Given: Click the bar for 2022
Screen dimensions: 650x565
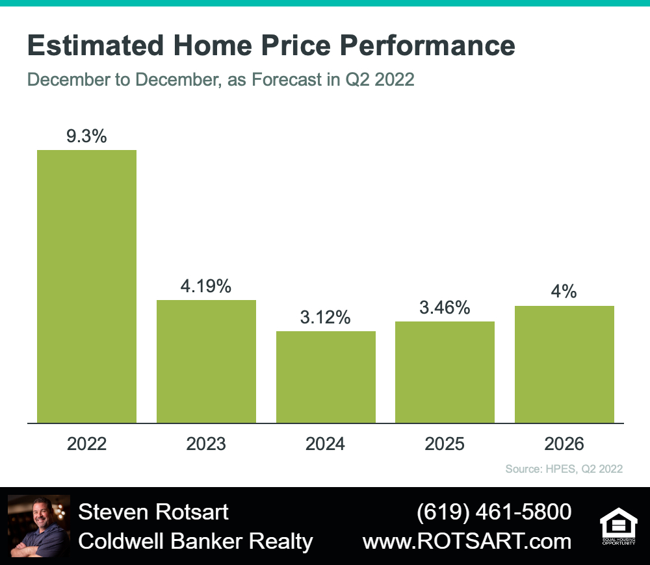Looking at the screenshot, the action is pyautogui.click(x=86, y=286).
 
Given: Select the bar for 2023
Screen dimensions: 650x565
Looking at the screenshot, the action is pyautogui.click(x=206, y=362).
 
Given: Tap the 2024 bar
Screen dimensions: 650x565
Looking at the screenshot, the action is pyautogui.click(x=326, y=377).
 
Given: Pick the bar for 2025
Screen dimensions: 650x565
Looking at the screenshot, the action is pyautogui.click(x=445, y=372).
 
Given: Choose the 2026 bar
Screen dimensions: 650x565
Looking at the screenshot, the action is pyautogui.click(x=564, y=364).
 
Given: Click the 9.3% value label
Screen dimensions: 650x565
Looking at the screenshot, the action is pyautogui.click(x=86, y=136).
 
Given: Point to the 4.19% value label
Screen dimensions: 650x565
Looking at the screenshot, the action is pyautogui.click(x=206, y=286).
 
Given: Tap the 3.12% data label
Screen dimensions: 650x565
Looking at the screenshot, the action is pyautogui.click(x=326, y=318).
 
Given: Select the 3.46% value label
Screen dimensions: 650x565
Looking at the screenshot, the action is pyautogui.click(x=445, y=308).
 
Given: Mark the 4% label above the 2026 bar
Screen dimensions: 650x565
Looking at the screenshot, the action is pyautogui.click(x=564, y=292).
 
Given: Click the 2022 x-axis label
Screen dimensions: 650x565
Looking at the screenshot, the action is pyautogui.click(x=86, y=444).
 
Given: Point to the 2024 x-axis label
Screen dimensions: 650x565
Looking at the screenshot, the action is pyautogui.click(x=326, y=444).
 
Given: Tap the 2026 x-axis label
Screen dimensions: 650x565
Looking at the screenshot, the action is pyautogui.click(x=564, y=444).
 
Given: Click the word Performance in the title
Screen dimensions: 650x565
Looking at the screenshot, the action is pyautogui.click(x=428, y=45).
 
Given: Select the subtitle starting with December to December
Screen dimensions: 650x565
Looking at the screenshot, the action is pyautogui.click(x=220, y=79).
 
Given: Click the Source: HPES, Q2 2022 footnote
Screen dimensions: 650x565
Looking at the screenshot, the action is pyautogui.click(x=564, y=469).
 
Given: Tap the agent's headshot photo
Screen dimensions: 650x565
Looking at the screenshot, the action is pyautogui.click(x=39, y=525).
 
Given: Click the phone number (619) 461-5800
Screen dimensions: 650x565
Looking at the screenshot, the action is pyautogui.click(x=494, y=512).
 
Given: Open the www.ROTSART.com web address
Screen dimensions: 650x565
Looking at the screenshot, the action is pyautogui.click(x=467, y=542).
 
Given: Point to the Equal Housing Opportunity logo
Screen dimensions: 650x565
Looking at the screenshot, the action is pyautogui.click(x=619, y=525).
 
